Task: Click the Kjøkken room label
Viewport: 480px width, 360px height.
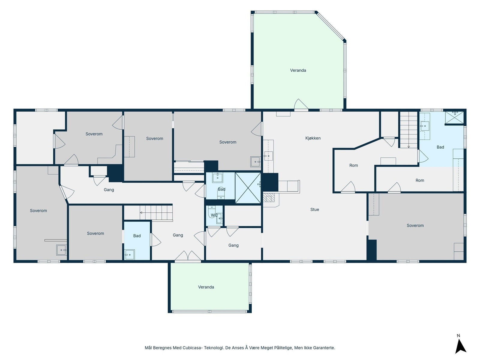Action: tap(313, 138)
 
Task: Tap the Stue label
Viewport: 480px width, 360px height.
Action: tap(314, 209)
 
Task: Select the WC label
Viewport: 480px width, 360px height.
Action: tap(214, 215)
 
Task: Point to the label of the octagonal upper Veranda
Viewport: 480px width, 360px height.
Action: tap(298, 70)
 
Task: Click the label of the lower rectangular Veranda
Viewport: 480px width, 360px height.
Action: tap(206, 287)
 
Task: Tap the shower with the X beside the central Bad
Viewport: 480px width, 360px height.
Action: tap(248, 188)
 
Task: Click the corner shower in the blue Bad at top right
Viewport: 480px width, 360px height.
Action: tap(454, 118)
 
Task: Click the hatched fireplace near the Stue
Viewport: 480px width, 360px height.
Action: tap(267, 197)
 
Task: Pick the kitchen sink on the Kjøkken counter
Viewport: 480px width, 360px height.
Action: tap(268, 156)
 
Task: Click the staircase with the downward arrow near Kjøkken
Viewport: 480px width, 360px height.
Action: tap(409, 130)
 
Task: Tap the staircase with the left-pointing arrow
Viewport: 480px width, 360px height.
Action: tap(156, 212)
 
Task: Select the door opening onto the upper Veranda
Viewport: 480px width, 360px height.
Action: tap(301, 104)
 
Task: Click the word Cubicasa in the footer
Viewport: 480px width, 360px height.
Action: tap(192, 348)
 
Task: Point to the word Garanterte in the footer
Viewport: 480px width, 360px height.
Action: tap(324, 348)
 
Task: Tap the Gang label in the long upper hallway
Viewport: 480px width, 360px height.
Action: tap(109, 190)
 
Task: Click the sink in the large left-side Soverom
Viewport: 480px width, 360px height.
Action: tap(61, 250)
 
